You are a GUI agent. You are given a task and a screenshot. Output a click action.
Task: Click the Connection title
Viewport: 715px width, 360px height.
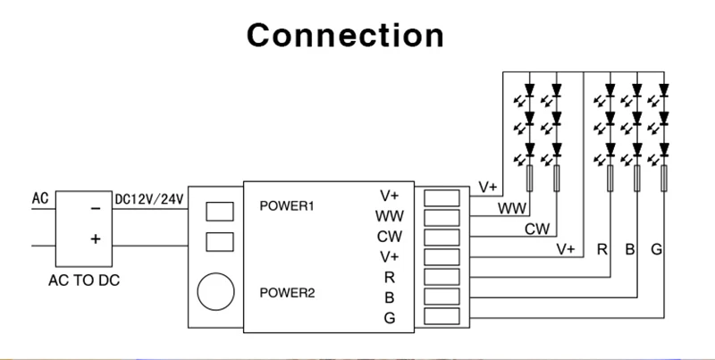pos(345,36)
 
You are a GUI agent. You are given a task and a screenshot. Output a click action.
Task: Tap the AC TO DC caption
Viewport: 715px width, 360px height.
pos(84,280)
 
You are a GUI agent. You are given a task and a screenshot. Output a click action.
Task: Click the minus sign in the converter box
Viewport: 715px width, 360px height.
pos(96,209)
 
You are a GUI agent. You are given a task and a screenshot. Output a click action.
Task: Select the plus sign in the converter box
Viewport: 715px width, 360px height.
pos(96,239)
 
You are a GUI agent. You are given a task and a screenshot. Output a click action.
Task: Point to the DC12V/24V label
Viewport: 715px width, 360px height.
pos(149,199)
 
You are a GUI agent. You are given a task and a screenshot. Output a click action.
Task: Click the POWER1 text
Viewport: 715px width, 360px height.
pos(287,206)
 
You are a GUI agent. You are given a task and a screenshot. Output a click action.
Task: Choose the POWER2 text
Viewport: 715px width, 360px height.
pos(287,293)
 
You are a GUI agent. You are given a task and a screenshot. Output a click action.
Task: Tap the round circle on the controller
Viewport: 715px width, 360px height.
pos(215,291)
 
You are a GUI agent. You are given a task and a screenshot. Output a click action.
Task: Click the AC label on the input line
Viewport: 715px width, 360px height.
pos(40,198)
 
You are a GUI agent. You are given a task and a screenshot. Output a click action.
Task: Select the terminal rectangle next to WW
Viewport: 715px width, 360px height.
pos(442,218)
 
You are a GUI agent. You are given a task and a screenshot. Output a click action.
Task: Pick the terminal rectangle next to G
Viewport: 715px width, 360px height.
pos(442,316)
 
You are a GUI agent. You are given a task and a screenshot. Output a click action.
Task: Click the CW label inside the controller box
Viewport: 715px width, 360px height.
pos(390,237)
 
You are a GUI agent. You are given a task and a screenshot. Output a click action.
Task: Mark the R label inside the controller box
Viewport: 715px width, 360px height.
pos(390,277)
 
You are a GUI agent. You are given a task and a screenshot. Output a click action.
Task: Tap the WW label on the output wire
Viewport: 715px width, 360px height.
pos(512,209)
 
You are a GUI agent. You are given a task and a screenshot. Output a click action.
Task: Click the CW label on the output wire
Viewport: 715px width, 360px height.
pos(537,230)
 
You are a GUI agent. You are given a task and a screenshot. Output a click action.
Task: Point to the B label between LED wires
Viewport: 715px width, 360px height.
pos(630,250)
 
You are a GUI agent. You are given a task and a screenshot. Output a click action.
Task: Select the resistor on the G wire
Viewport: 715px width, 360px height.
pos(664,178)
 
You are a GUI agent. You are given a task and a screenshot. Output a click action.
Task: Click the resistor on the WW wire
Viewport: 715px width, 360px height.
pos(529,178)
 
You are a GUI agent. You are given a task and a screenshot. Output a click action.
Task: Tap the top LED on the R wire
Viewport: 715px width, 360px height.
pos(610,89)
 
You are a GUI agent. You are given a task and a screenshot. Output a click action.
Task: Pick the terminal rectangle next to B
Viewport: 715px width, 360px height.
pos(442,297)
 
